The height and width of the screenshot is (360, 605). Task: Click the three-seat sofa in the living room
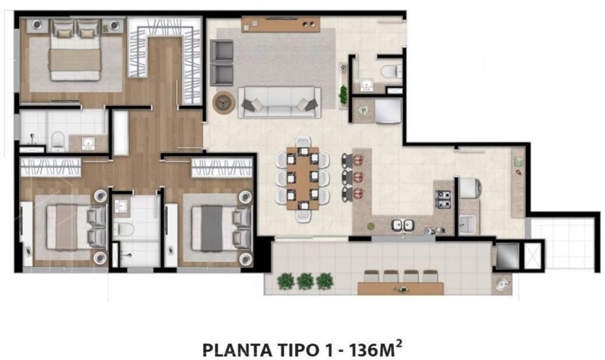tap(279, 102)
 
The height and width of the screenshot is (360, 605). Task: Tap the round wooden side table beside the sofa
tap(224, 102)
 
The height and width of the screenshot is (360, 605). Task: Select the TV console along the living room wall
tap(281, 24)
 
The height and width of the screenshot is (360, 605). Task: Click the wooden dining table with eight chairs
tap(302, 179)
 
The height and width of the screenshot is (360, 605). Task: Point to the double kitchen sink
tap(403, 225)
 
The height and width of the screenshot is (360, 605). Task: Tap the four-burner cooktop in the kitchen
tap(443, 199)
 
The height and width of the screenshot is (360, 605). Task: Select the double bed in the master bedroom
tap(75, 50)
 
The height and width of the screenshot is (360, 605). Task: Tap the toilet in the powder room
tap(391, 72)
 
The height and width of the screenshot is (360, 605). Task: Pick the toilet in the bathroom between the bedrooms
tap(123, 228)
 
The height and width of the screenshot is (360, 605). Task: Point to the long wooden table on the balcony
tap(401, 288)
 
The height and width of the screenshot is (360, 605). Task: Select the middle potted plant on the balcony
tap(305, 281)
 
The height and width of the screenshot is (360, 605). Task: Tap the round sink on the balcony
tap(502, 285)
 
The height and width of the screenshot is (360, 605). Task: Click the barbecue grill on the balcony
tap(508, 256)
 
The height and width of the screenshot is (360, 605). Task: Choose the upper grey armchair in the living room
tap(222, 51)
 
